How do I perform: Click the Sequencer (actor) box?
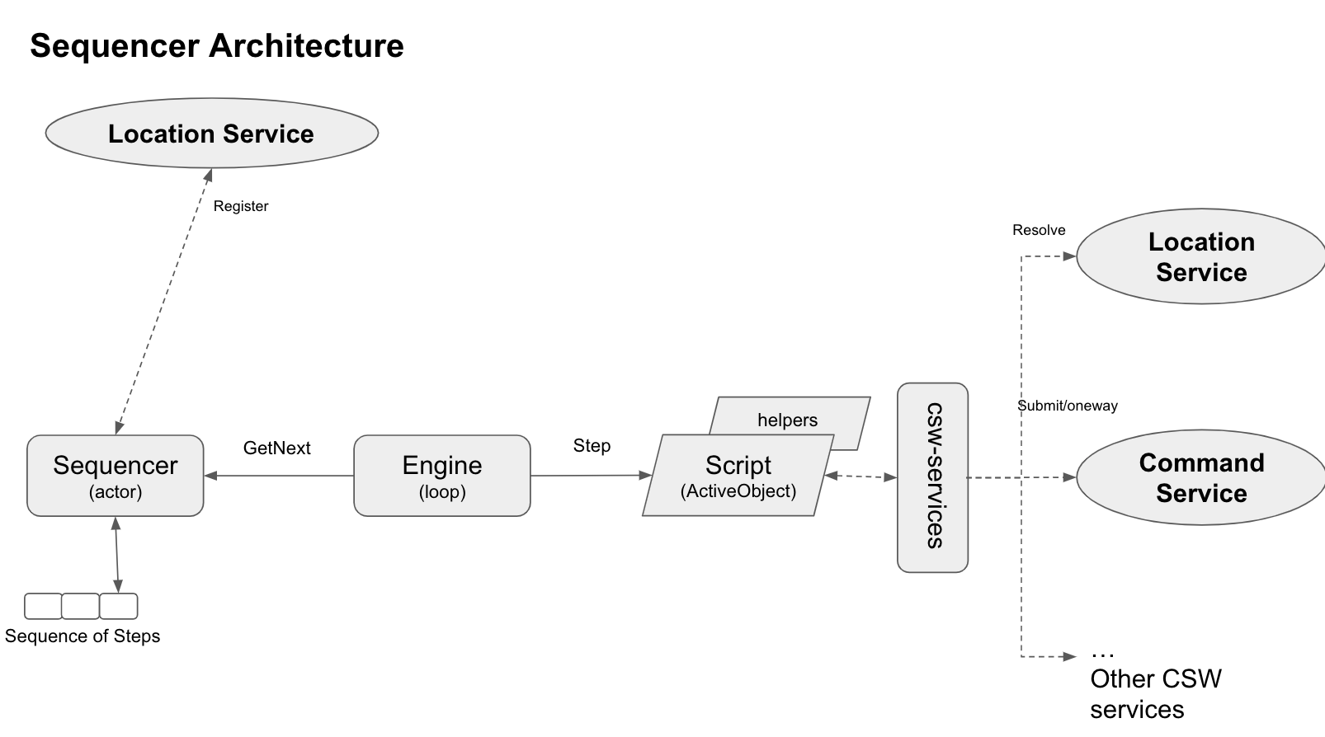115,476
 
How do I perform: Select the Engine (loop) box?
441,476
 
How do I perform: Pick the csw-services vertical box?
932,476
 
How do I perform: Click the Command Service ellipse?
1200,477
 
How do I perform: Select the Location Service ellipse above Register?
211,134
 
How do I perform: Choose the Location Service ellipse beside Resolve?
1200,256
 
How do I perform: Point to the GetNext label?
276,448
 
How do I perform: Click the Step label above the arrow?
592,445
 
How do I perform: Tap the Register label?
240,206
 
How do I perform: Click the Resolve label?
1038,230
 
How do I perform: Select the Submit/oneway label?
1067,406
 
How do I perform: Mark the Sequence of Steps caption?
82,636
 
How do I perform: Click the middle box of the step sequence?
80,606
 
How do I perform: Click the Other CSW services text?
1154,692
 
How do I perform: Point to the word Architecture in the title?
306,45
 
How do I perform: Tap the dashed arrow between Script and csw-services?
860,476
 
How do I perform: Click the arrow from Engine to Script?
591,476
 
